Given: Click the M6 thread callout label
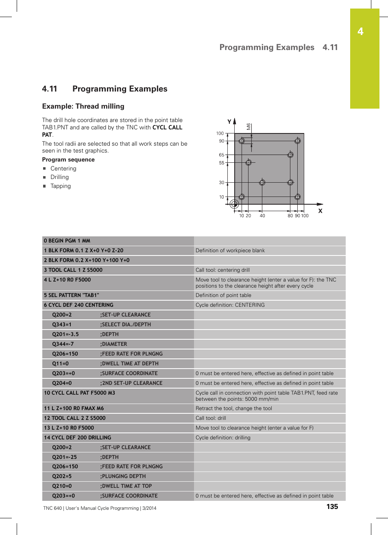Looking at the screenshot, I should (248, 127).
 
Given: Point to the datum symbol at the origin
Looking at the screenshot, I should (234, 204).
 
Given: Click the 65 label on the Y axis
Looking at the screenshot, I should (221, 155).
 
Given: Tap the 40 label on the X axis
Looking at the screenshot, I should (262, 216).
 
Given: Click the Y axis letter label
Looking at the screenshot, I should (229, 122).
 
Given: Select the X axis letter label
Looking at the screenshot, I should (320, 211).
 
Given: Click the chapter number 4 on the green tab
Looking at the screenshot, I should (360, 32).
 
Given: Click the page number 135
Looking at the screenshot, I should (332, 507).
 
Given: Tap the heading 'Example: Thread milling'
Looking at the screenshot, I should (83, 106).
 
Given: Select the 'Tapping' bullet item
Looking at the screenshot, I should (61, 186).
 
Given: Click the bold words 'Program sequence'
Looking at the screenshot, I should (68, 159).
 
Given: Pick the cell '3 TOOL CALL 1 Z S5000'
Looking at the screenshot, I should (73, 270).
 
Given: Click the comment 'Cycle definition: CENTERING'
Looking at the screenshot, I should (230, 305).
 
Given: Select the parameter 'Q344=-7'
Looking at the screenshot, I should (63, 344).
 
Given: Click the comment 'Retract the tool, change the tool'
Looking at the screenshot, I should (233, 408).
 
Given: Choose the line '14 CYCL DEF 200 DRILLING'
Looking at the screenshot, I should (77, 438).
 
